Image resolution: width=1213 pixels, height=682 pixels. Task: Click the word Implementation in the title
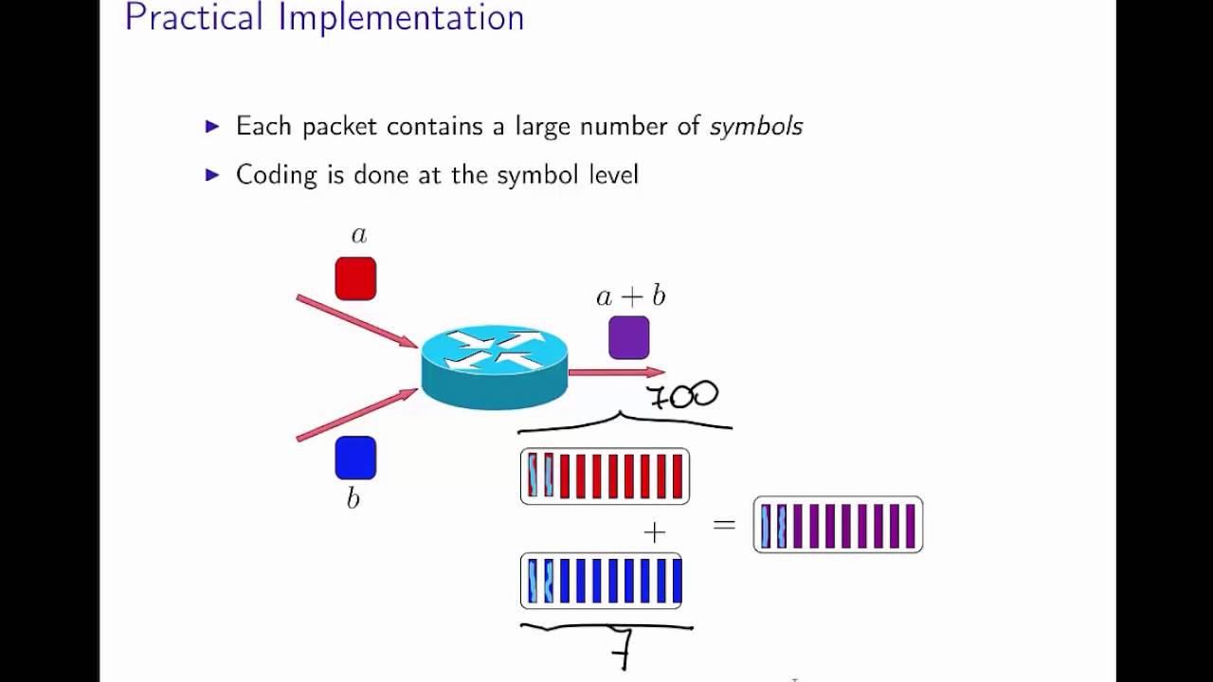coord(401,17)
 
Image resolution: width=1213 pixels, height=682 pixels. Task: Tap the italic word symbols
coord(755,126)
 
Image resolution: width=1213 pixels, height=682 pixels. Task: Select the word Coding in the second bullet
coord(276,175)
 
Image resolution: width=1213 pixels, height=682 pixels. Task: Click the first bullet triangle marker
coord(212,126)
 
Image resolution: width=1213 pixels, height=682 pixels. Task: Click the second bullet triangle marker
coord(212,174)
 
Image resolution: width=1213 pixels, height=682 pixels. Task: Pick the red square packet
coord(355,278)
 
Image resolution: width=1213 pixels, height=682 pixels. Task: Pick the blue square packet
coord(355,458)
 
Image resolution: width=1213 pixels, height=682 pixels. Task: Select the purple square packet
coord(629,338)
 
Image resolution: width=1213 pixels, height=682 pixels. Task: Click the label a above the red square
coord(358,235)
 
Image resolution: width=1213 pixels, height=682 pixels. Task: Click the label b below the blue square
coord(353,498)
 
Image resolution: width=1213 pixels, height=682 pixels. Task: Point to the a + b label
coord(630,296)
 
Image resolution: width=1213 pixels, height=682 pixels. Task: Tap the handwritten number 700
coord(682,395)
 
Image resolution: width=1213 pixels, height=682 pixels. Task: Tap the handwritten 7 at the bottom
coord(622,649)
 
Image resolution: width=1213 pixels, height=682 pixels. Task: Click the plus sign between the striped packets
coord(654,532)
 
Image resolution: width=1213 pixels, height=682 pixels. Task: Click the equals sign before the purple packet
coord(724,524)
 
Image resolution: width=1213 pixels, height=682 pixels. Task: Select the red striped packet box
coord(605,476)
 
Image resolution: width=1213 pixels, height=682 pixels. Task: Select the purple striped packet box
coord(838,525)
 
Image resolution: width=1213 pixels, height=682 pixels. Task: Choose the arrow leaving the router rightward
coord(616,373)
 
